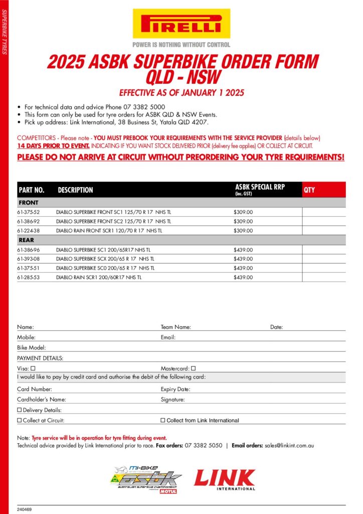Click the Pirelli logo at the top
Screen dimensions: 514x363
coord(181,24)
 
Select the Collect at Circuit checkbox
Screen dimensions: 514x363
coord(20,421)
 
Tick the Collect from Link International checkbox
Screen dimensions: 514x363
coord(162,421)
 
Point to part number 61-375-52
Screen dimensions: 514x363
coord(28,212)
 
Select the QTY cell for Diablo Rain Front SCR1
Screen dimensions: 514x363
coord(323,230)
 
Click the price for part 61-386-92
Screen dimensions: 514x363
coord(243,221)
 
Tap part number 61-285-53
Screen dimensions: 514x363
coord(28,277)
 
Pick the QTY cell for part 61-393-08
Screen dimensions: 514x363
coord(323,259)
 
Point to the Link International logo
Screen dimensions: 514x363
coord(225,479)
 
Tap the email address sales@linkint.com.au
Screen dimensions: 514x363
coord(289,445)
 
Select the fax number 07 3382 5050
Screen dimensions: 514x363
coord(203,445)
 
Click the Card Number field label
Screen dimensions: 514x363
coord(34,389)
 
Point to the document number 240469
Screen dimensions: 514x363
coord(24,509)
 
